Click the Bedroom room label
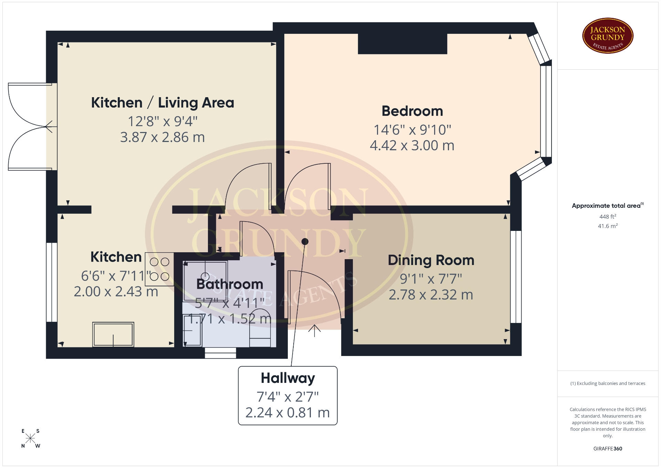pyautogui.click(x=412, y=111)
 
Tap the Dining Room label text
pyautogui.click(x=431, y=260)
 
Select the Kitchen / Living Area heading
pyautogui.click(x=162, y=103)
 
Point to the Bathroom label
pyautogui.click(x=230, y=284)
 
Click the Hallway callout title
pyautogui.click(x=288, y=378)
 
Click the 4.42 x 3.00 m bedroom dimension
pyautogui.click(x=412, y=145)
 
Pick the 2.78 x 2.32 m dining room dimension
pyautogui.click(x=431, y=295)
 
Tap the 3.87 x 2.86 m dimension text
pyautogui.click(x=162, y=137)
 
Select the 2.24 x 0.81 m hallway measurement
pyautogui.click(x=288, y=413)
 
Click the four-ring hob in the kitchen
pyautogui.click(x=159, y=269)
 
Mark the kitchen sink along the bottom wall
pyautogui.click(x=113, y=334)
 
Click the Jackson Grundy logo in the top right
pyautogui.click(x=608, y=36)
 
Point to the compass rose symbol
pyautogui.click(x=30, y=438)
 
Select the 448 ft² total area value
pyautogui.click(x=608, y=216)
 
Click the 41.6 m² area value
pyautogui.click(x=608, y=226)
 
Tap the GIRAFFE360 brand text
pyautogui.click(x=608, y=449)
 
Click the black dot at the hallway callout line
pyautogui.click(x=305, y=242)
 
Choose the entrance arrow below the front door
pyautogui.click(x=314, y=331)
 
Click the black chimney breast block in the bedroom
pyautogui.click(x=402, y=44)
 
